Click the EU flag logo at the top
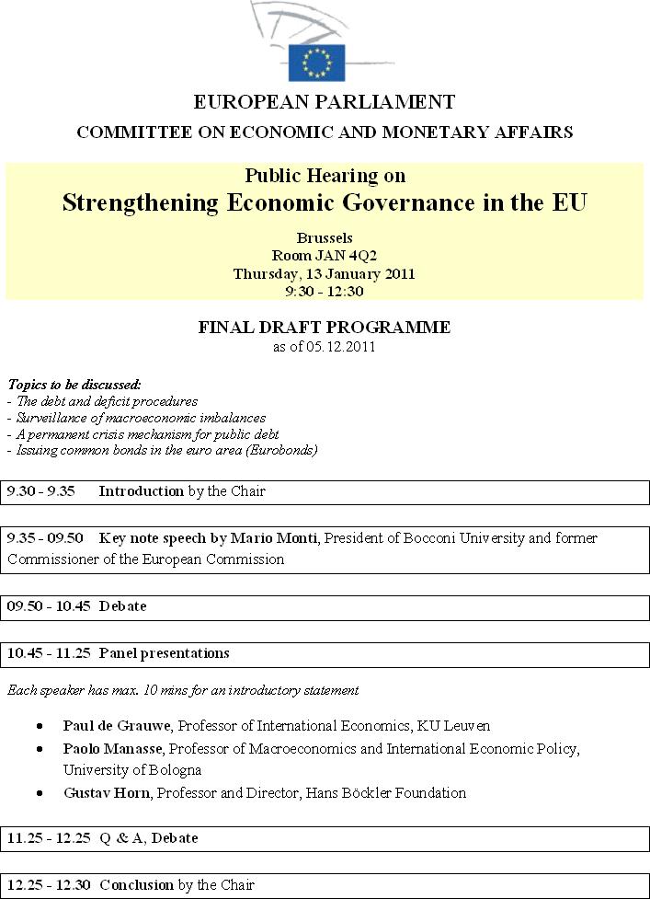point(316,62)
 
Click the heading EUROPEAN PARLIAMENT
point(325,102)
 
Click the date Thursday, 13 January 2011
point(324,273)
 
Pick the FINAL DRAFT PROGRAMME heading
point(325,328)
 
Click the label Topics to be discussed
point(74,385)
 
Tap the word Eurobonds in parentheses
point(283,450)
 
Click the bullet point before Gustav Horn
point(40,792)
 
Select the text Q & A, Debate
point(148,838)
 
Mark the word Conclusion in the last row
point(136,885)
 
